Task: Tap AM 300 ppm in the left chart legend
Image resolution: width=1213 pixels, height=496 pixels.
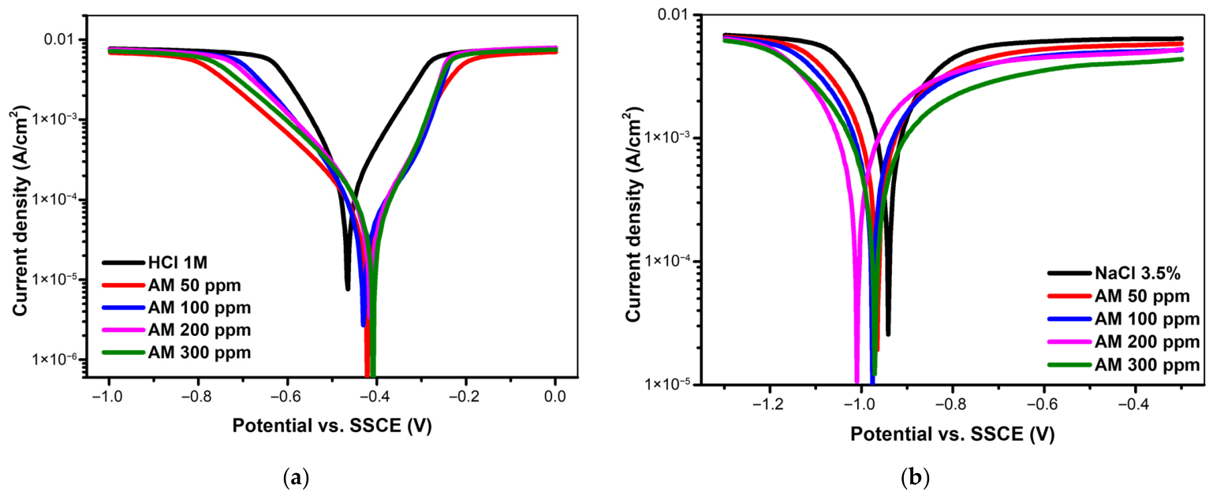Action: pyautogui.click(x=177, y=352)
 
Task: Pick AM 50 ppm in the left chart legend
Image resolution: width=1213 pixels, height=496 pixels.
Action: pyautogui.click(x=172, y=285)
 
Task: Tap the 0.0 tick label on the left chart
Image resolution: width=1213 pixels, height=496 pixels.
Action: pyautogui.click(x=554, y=397)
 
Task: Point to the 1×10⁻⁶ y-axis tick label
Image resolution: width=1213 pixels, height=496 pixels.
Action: pyautogui.click(x=54, y=359)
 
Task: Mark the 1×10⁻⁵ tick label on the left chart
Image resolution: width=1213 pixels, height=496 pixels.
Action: pyautogui.click(x=54, y=279)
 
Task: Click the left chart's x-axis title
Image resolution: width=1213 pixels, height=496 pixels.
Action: pyautogui.click(x=332, y=426)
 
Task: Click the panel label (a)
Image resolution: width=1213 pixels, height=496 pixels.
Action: pyautogui.click(x=296, y=479)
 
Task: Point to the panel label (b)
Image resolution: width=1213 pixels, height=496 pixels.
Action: pyautogui.click(x=915, y=479)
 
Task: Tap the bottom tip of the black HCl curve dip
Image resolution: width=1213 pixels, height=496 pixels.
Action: pyautogui.click(x=348, y=289)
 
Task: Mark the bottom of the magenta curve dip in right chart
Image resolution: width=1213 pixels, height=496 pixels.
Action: pyautogui.click(x=857, y=382)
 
